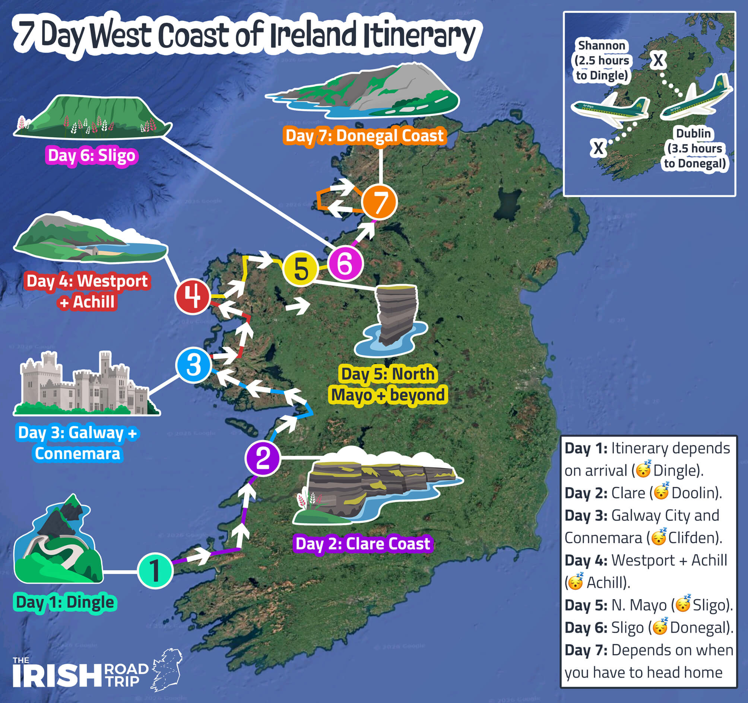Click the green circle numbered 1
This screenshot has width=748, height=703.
tap(155, 570)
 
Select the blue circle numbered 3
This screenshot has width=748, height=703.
tap(193, 365)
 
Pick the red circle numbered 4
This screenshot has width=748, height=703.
tap(192, 296)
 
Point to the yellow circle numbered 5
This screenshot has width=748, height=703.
tap(301, 268)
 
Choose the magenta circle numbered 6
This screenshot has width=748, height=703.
tap(345, 263)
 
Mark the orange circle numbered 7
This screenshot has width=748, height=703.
tap(379, 202)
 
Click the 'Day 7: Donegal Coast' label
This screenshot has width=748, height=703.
tap(365, 136)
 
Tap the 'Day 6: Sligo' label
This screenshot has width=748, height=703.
tap(92, 155)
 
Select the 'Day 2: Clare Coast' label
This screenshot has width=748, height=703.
tap(363, 544)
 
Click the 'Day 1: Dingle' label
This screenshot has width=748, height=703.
tap(65, 602)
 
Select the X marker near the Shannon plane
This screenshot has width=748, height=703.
tap(598, 148)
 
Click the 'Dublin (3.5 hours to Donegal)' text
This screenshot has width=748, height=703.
tap(695, 149)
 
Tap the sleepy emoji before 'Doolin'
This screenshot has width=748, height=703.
tap(661, 492)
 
